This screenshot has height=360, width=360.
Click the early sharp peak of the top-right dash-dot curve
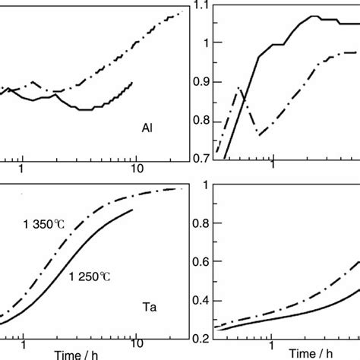[238, 89]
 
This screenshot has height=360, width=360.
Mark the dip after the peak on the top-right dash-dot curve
[260, 134]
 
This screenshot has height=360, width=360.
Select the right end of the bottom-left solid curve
[134, 210]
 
